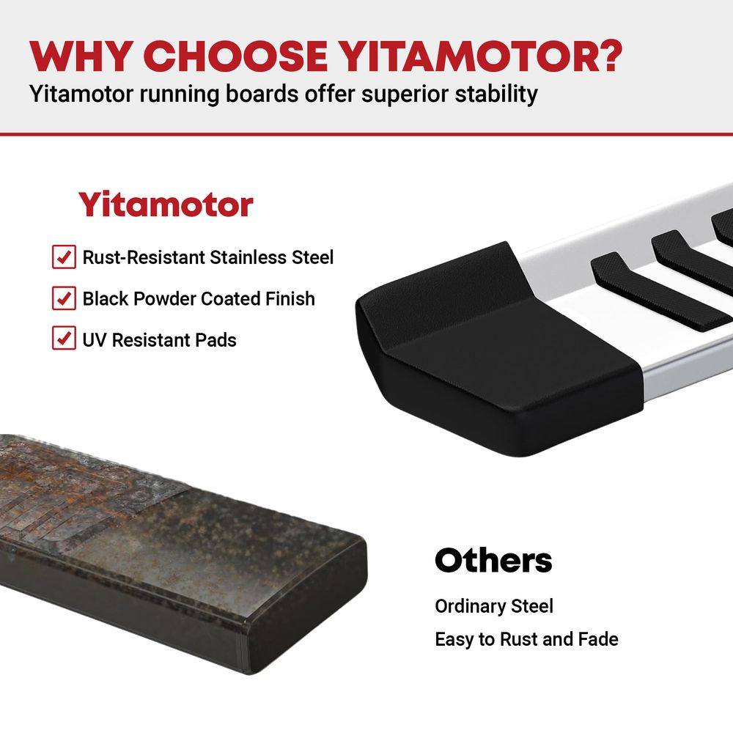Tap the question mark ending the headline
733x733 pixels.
(609, 56)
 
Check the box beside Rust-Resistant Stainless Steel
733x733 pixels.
(64, 257)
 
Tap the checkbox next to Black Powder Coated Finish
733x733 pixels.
(64, 298)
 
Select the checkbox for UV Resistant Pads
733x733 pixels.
(64, 338)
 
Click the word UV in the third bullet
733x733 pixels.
(95, 340)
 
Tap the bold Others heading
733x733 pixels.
(493, 560)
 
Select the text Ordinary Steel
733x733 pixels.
(493, 606)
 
